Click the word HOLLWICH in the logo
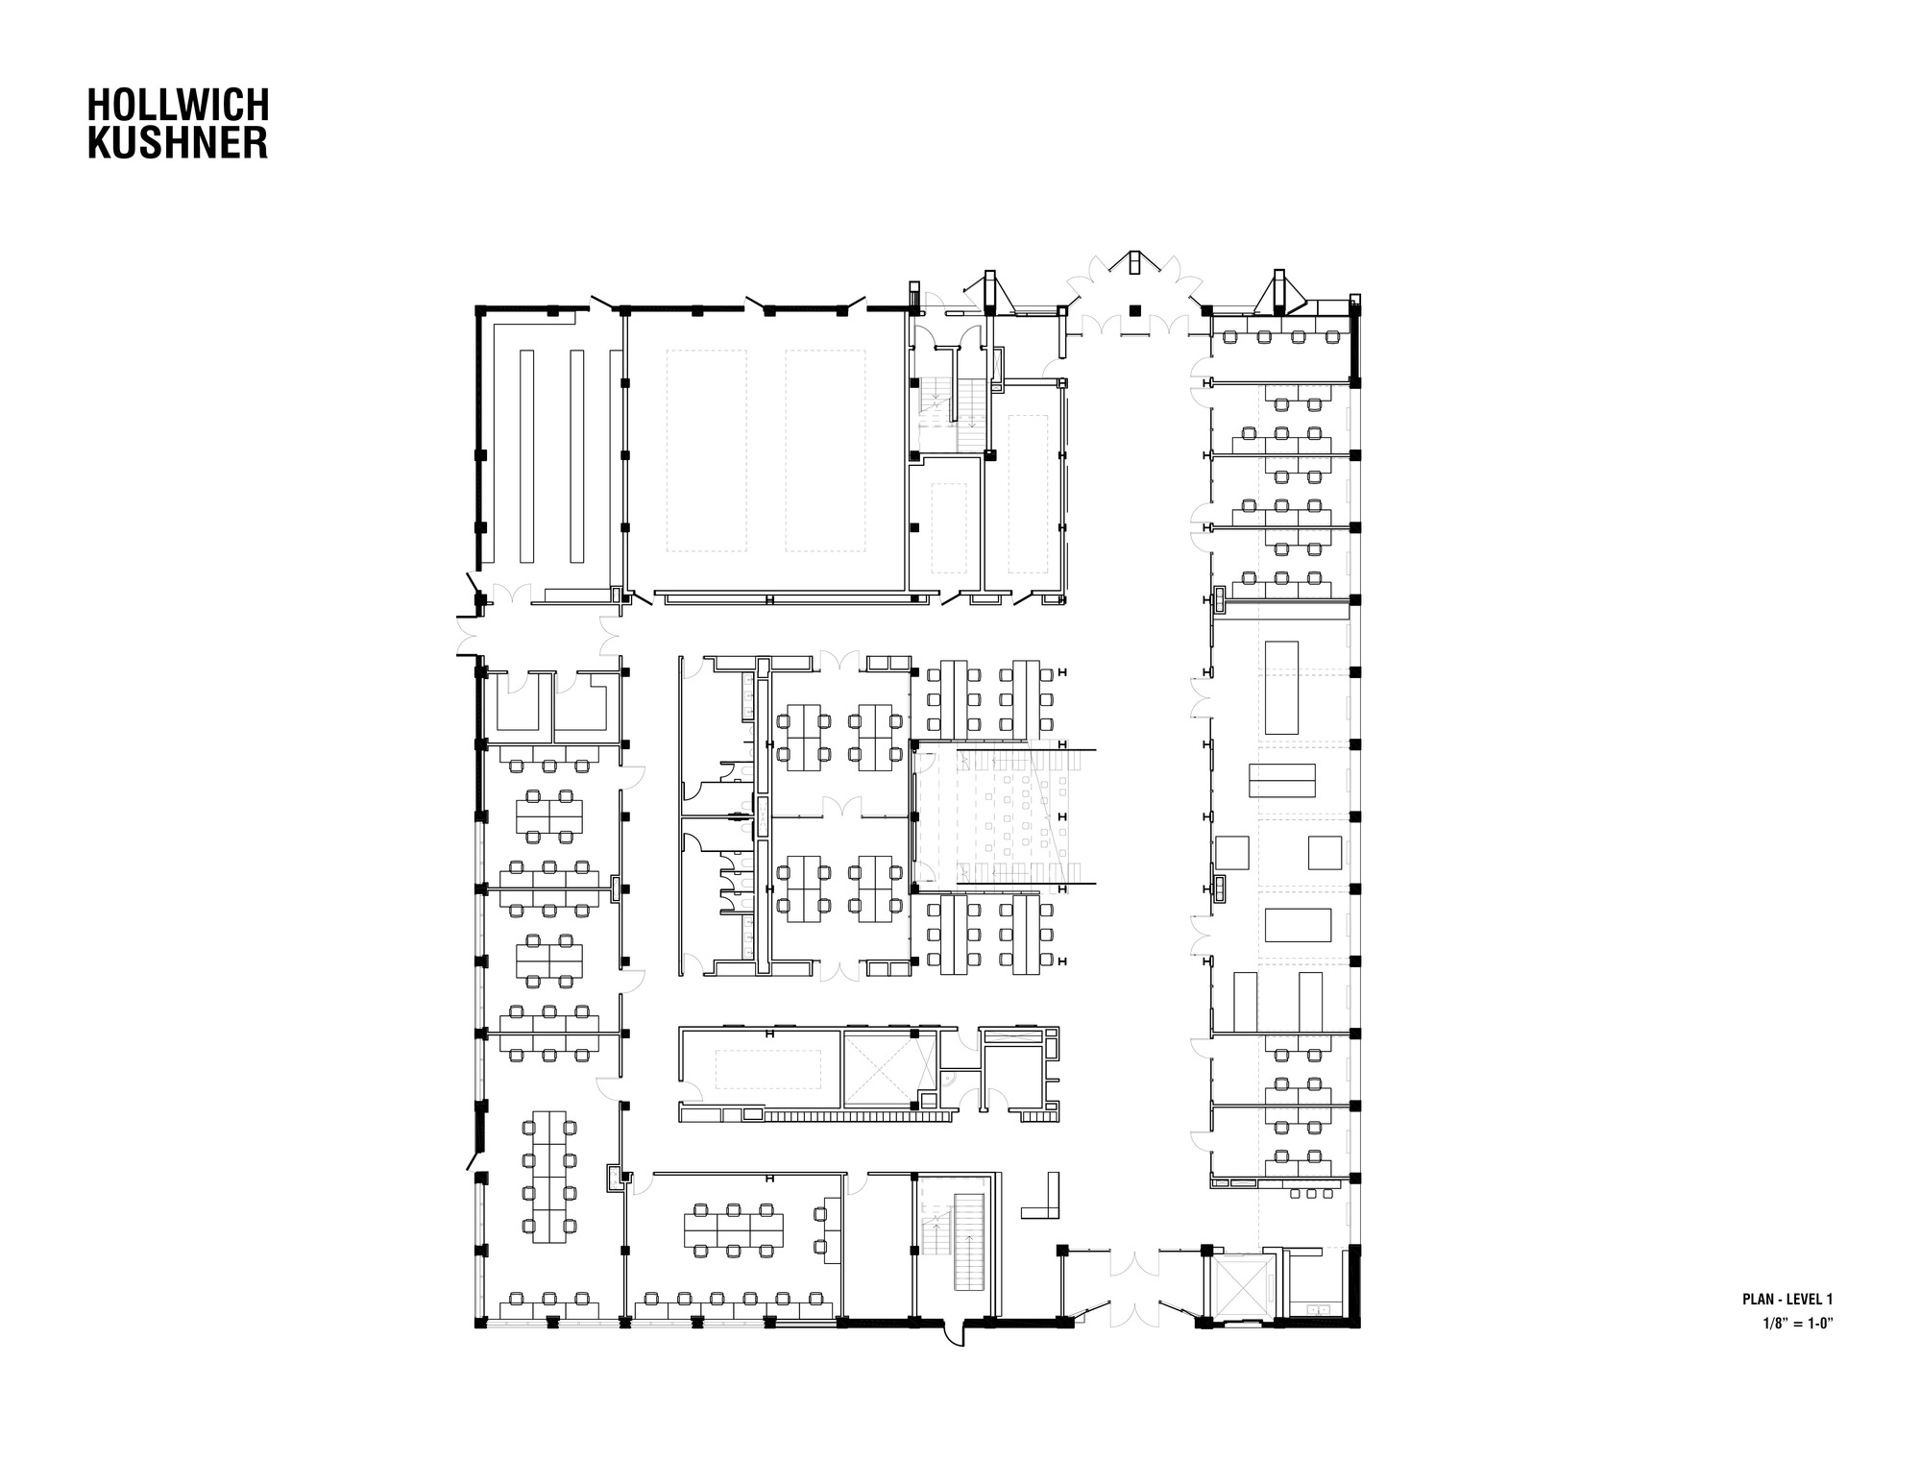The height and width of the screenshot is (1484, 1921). pyautogui.click(x=179, y=106)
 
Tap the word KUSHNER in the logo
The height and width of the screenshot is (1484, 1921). pyautogui.click(x=178, y=142)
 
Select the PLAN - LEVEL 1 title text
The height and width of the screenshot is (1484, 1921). pyautogui.click(x=1787, y=1300)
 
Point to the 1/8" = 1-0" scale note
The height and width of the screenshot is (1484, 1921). pyautogui.click(x=1798, y=1322)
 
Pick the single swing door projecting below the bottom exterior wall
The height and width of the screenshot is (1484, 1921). pyautogui.click(x=953, y=1336)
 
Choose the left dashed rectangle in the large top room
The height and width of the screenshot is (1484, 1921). pyautogui.click(x=706, y=450)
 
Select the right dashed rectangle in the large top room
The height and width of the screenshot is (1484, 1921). pyautogui.click(x=825, y=450)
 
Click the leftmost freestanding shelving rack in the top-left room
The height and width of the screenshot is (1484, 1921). pyautogui.click(x=526, y=456)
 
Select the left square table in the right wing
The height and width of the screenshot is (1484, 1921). pyautogui.click(x=1232, y=852)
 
